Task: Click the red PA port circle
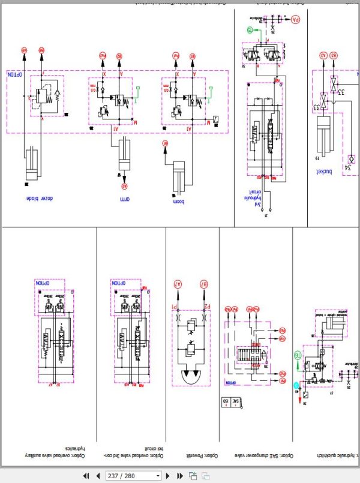tap(295, 20)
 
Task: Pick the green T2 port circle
tap(250, 29)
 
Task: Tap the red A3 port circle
tap(323, 55)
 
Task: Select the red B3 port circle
tap(334, 55)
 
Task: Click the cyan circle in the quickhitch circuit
tap(296, 385)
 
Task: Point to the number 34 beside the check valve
tap(350, 158)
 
